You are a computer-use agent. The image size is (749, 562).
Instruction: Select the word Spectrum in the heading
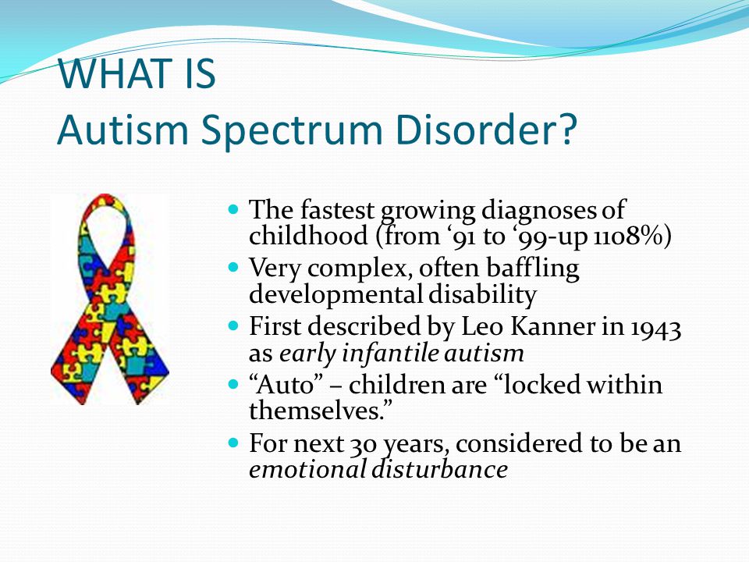pos(291,131)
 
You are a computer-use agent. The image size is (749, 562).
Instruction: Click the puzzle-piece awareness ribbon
pos(110,299)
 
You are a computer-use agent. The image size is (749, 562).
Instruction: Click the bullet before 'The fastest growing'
pos(233,209)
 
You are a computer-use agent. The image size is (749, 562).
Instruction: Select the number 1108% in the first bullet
pos(627,236)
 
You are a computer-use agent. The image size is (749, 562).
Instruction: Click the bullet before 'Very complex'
pos(233,267)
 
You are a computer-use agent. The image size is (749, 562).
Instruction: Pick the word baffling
pos(533,268)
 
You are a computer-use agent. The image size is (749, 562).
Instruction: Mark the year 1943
pos(655,329)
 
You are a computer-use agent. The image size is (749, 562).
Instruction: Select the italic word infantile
pos(390,353)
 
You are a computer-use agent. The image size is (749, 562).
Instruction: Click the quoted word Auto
pos(286,385)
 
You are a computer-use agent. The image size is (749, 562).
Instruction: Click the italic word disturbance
pos(440,469)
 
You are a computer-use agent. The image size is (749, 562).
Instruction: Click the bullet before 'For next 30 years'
pos(233,443)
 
